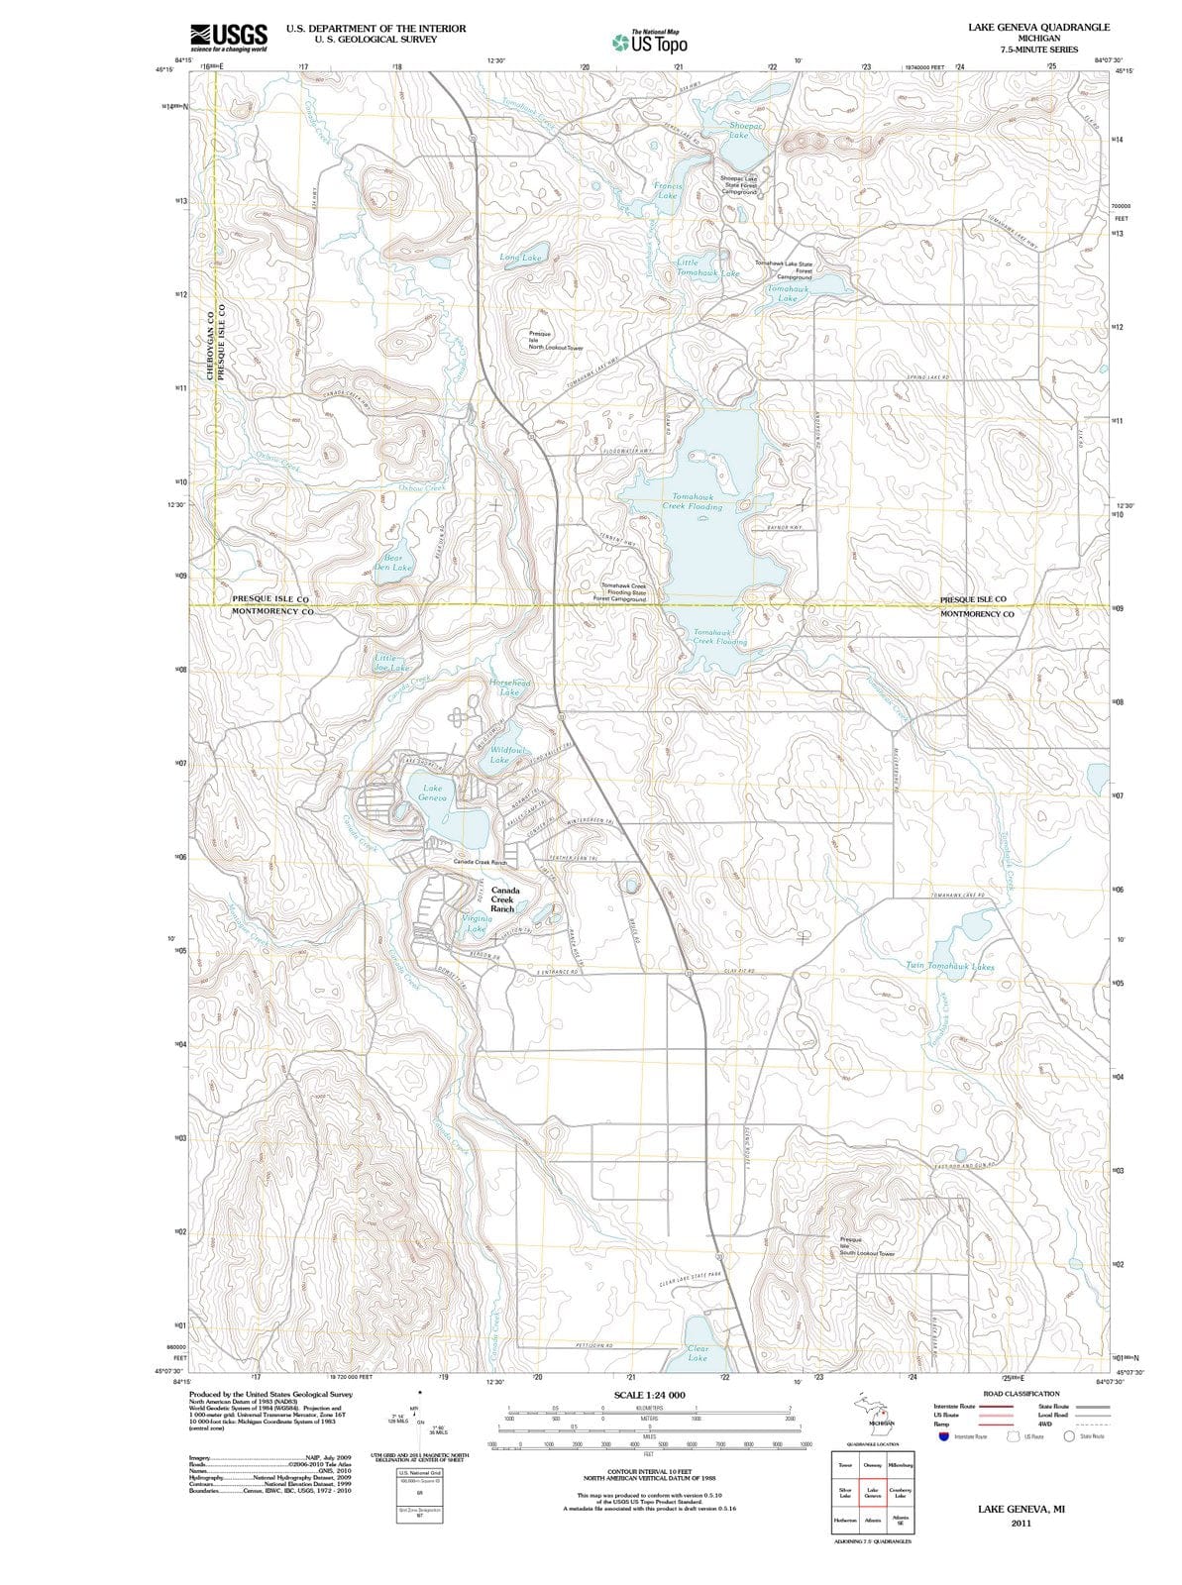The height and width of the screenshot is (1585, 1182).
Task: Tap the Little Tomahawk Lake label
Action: (x=707, y=267)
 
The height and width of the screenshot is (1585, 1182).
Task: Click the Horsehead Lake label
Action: (x=510, y=687)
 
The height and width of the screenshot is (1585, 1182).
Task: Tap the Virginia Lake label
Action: (x=476, y=923)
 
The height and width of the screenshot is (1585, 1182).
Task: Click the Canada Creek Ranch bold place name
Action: (x=503, y=899)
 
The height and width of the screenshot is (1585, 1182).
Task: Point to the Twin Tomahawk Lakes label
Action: (x=950, y=965)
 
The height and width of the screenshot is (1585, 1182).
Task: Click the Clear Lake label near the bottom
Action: (x=698, y=1353)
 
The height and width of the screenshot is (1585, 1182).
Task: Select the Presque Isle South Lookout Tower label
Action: (x=866, y=1246)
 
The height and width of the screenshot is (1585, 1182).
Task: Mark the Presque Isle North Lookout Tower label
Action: (x=555, y=342)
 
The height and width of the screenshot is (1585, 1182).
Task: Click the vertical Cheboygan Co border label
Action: (x=209, y=342)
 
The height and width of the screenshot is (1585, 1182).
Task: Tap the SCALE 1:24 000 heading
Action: (x=649, y=1395)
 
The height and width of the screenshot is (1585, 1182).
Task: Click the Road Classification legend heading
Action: (x=1022, y=1394)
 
